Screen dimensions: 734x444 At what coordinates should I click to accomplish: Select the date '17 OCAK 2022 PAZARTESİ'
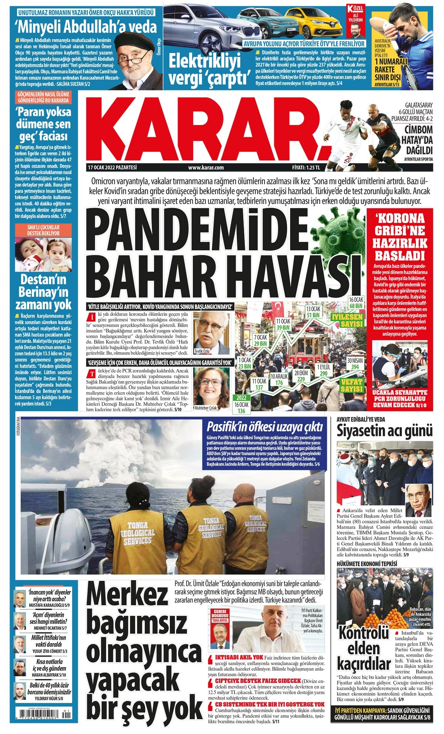(112, 168)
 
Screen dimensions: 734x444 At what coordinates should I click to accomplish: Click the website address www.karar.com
(206, 168)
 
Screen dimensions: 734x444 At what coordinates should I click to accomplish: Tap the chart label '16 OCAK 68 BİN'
(356, 303)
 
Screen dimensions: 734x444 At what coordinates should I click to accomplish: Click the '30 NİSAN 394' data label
(355, 364)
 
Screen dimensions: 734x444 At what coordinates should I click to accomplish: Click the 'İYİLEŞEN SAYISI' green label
(347, 320)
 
